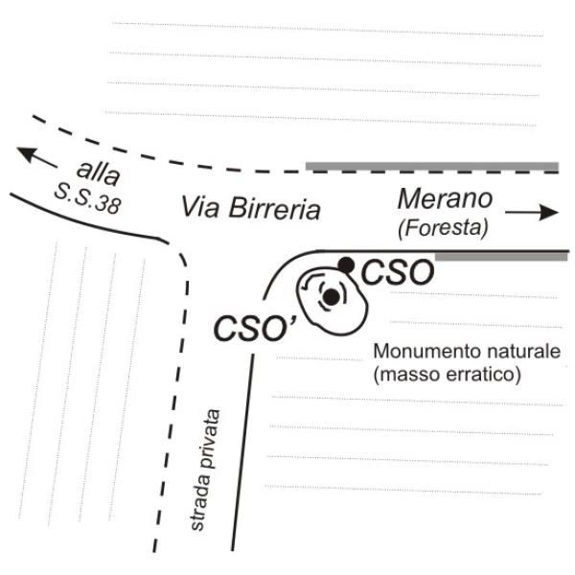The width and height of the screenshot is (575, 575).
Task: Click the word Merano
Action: click(445, 199)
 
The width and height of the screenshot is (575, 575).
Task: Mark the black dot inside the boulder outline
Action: click(331, 297)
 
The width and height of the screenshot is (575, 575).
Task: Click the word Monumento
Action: click(421, 351)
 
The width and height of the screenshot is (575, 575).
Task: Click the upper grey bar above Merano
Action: click(431, 167)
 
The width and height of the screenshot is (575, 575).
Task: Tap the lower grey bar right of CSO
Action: click(500, 257)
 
